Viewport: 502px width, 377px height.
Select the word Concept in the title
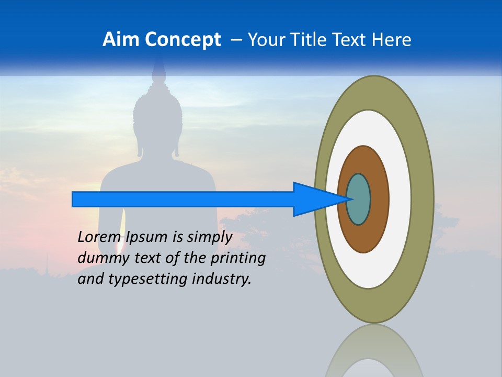[x=182, y=40]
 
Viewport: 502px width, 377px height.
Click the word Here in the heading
[x=391, y=40]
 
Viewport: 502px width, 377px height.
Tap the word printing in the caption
[x=237, y=258]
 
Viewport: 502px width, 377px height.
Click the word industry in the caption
[x=221, y=279]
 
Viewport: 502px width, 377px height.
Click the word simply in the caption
[x=209, y=237]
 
